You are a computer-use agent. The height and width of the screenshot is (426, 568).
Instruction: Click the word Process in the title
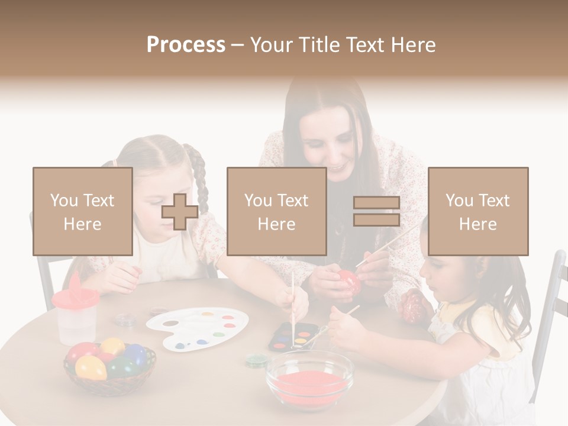pyautogui.click(x=186, y=45)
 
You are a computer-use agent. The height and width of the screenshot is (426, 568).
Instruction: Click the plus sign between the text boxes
pyautogui.click(x=180, y=212)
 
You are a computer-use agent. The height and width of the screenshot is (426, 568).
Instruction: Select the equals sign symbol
pyautogui.click(x=376, y=212)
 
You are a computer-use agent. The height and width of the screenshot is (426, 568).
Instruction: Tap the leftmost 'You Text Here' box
pyautogui.click(x=82, y=212)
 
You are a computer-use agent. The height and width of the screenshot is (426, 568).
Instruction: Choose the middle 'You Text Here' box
pyautogui.click(x=276, y=212)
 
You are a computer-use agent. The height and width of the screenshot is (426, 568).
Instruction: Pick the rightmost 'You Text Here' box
pyautogui.click(x=477, y=212)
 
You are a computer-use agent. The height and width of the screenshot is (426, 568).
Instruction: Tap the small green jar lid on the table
pyautogui.click(x=256, y=359)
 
